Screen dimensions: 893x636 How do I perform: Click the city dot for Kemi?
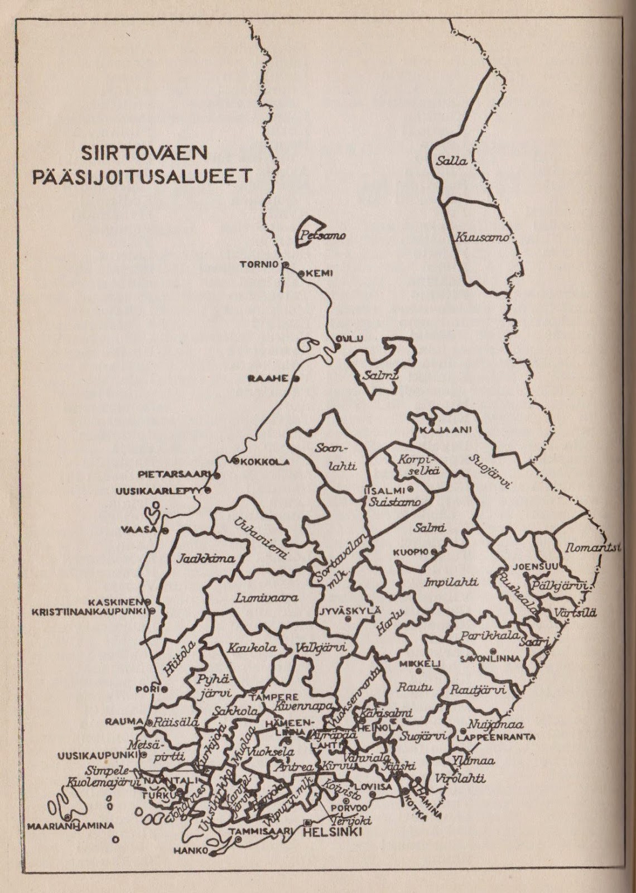click(302, 273)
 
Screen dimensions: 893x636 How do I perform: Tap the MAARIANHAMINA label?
click(70, 825)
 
